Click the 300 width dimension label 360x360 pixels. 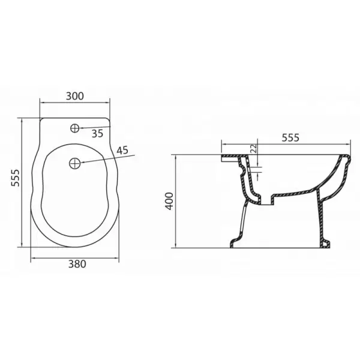tap(75, 96)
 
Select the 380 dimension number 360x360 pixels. tap(77, 264)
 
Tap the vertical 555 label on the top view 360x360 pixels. tap(16, 178)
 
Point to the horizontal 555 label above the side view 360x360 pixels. tap(290, 138)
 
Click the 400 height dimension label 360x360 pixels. tap(169, 201)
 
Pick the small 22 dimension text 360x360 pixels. tap(253, 149)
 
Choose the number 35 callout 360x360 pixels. tap(98, 133)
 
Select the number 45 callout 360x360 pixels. tap(122, 151)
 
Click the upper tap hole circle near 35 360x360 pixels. tap(74, 128)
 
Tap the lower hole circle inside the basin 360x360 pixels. tap(74, 163)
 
